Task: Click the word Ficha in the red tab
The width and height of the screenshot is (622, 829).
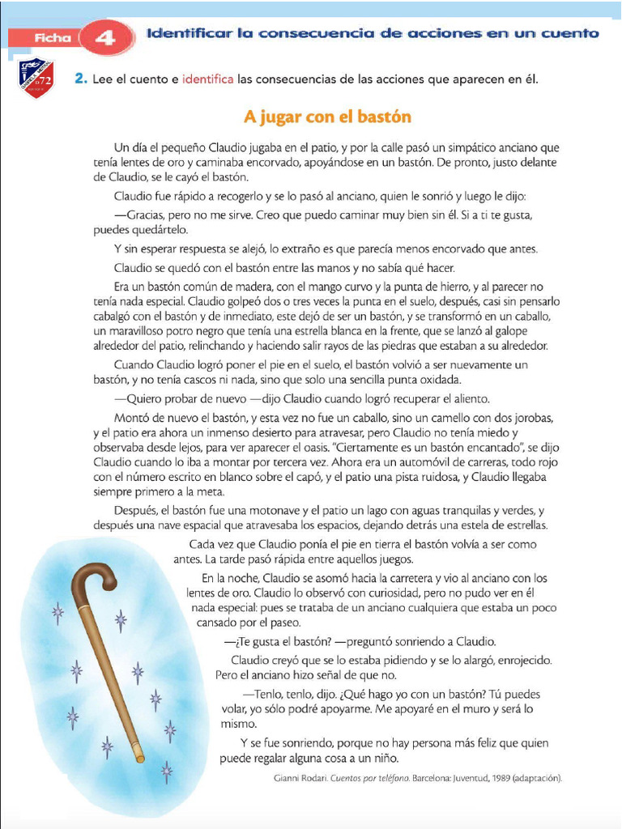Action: click(53, 37)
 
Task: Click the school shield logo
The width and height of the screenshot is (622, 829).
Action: click(36, 78)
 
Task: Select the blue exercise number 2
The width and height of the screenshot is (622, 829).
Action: click(79, 79)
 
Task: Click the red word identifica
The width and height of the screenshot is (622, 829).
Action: click(207, 79)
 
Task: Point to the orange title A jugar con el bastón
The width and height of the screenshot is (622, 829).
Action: click(327, 117)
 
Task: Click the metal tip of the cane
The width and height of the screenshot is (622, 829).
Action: click(139, 759)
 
